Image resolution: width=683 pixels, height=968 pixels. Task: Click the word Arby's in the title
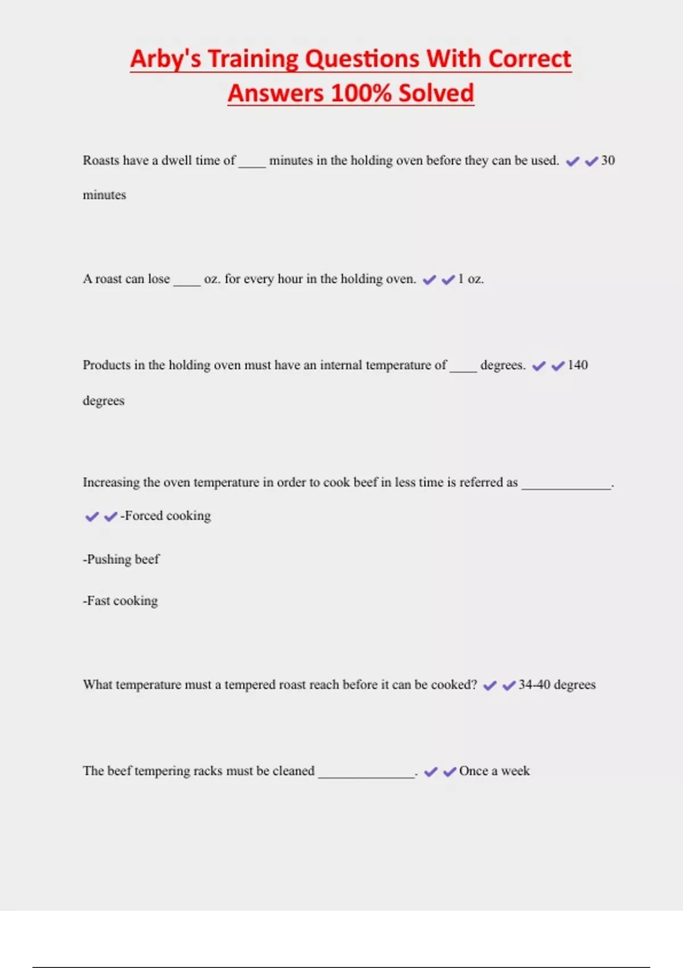point(166,59)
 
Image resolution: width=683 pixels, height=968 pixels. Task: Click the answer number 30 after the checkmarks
point(608,161)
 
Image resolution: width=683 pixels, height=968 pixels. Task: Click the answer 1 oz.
point(471,279)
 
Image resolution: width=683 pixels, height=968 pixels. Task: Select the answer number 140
point(578,365)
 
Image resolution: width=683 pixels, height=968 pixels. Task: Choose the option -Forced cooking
point(166,516)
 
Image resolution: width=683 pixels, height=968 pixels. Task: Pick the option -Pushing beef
point(121,559)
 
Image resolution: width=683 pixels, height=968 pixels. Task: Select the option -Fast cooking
point(121,601)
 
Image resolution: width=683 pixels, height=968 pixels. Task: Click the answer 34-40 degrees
point(557,684)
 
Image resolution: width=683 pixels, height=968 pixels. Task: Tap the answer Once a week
point(494,771)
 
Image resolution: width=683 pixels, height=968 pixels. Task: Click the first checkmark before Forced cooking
point(92,516)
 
